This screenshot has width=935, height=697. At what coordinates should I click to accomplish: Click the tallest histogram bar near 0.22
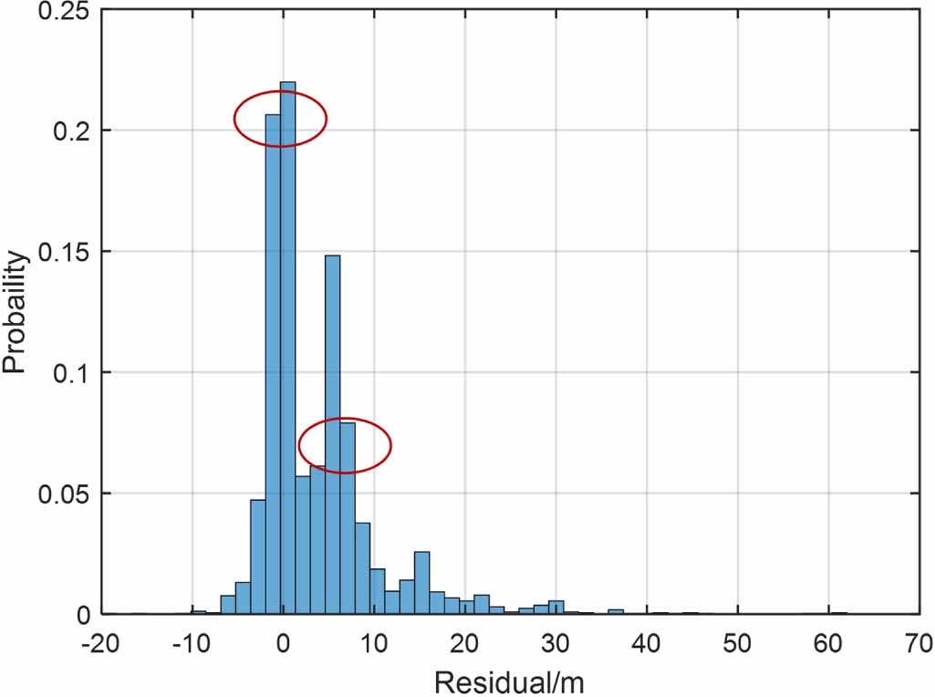(x=287, y=347)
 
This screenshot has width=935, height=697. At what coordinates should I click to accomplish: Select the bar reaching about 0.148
(x=332, y=434)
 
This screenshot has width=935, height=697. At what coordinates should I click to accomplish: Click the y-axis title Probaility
(x=16, y=312)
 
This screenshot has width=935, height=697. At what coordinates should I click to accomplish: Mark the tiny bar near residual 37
(x=616, y=611)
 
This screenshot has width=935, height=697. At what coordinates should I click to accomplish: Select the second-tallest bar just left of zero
(x=273, y=365)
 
